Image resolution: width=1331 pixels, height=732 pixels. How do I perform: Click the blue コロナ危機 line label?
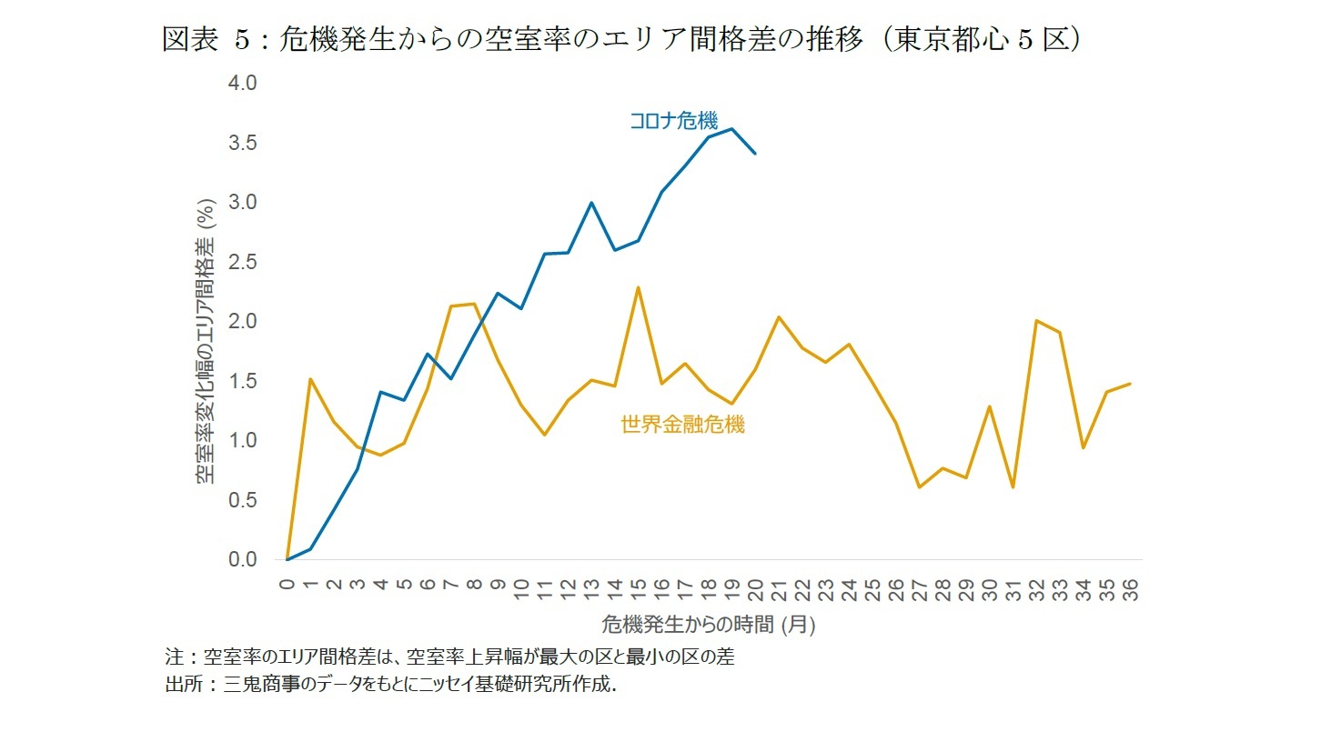click(673, 121)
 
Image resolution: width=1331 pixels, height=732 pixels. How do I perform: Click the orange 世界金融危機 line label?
click(682, 425)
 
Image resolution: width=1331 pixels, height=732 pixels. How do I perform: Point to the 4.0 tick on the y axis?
click(242, 83)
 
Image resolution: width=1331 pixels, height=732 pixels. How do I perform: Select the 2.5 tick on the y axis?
click(242, 262)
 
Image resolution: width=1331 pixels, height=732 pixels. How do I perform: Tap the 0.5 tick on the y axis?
click(242, 500)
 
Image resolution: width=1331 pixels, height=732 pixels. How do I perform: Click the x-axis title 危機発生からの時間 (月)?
click(709, 625)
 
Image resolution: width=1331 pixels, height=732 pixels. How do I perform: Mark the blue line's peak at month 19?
click(732, 129)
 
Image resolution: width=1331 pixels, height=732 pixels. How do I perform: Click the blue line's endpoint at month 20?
click(755, 154)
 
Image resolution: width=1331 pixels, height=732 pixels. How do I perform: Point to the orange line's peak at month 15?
click(639, 287)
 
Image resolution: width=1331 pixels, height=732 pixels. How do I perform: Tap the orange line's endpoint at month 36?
click(1130, 384)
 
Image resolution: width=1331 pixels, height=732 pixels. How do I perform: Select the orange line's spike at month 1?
click(311, 379)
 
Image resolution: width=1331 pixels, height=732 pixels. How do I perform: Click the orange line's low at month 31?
click(1013, 487)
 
